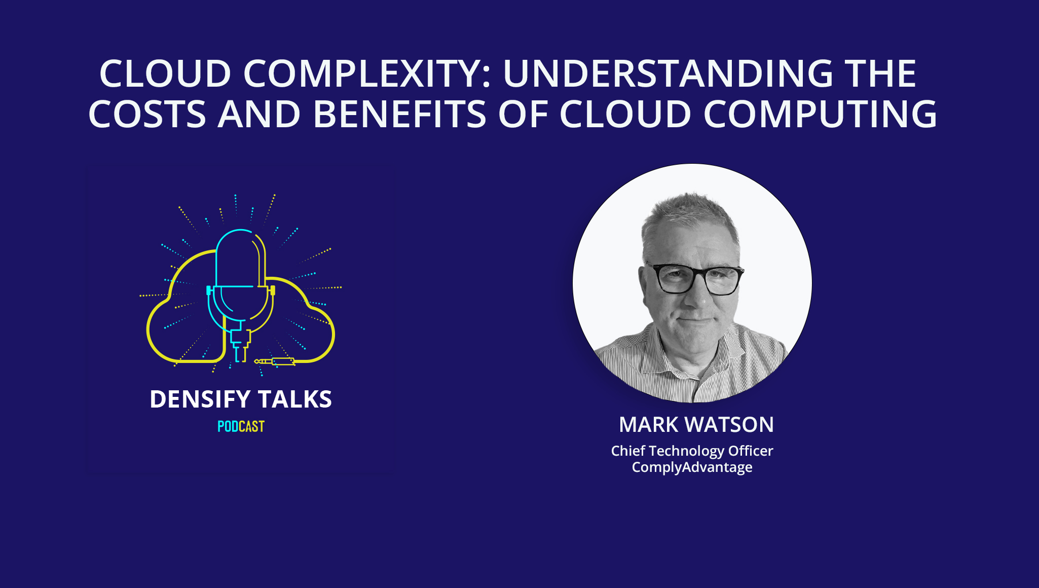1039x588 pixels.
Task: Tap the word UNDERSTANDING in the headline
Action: pyautogui.click(x=668, y=74)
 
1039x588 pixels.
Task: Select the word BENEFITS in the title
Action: pyautogui.click(x=400, y=114)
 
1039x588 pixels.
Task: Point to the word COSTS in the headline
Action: pyautogui.click(x=147, y=114)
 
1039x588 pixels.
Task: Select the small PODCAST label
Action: pyautogui.click(x=241, y=427)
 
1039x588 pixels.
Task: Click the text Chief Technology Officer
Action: pyautogui.click(x=692, y=451)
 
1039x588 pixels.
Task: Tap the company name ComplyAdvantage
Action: pyautogui.click(x=692, y=467)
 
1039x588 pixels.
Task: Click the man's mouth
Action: pyautogui.click(x=695, y=319)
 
